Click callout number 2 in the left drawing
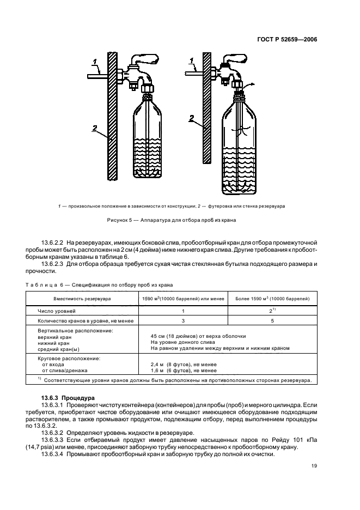coord(94,129)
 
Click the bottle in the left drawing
coord(147,139)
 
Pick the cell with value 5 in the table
coord(272,321)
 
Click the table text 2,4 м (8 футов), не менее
coord(175,365)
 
